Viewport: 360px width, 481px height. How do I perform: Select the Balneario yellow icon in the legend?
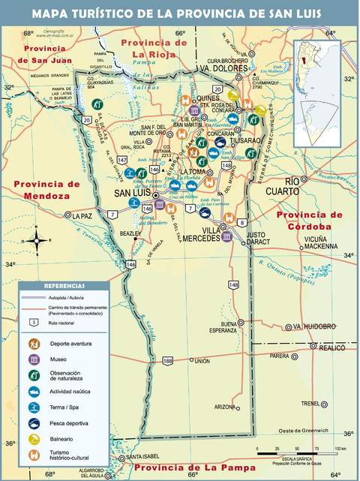(34, 439)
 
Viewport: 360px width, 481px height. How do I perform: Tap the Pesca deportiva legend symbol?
(34, 422)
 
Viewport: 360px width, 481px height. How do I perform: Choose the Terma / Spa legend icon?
(34, 407)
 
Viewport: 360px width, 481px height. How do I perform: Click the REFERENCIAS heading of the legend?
(64, 286)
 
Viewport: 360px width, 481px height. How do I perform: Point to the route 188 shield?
(168, 361)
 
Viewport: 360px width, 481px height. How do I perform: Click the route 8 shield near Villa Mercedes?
(241, 223)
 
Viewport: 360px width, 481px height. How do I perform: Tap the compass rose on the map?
(35, 240)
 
